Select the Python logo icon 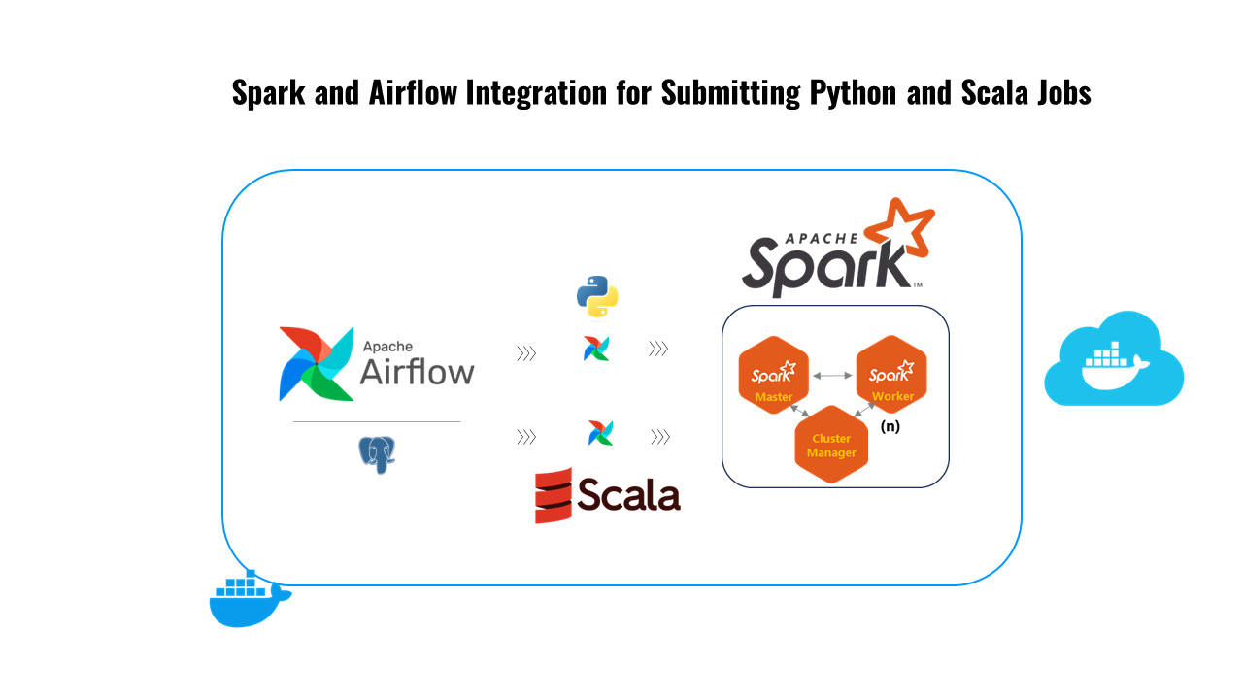[597, 296]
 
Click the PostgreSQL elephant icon [378, 454]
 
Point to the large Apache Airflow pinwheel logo [315, 363]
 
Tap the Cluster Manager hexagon [831, 446]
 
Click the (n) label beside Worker [890, 426]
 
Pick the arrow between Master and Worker [832, 375]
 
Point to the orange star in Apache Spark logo [899, 233]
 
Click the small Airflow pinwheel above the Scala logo [600, 433]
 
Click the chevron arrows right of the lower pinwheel [660, 438]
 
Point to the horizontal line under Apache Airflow [377, 422]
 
